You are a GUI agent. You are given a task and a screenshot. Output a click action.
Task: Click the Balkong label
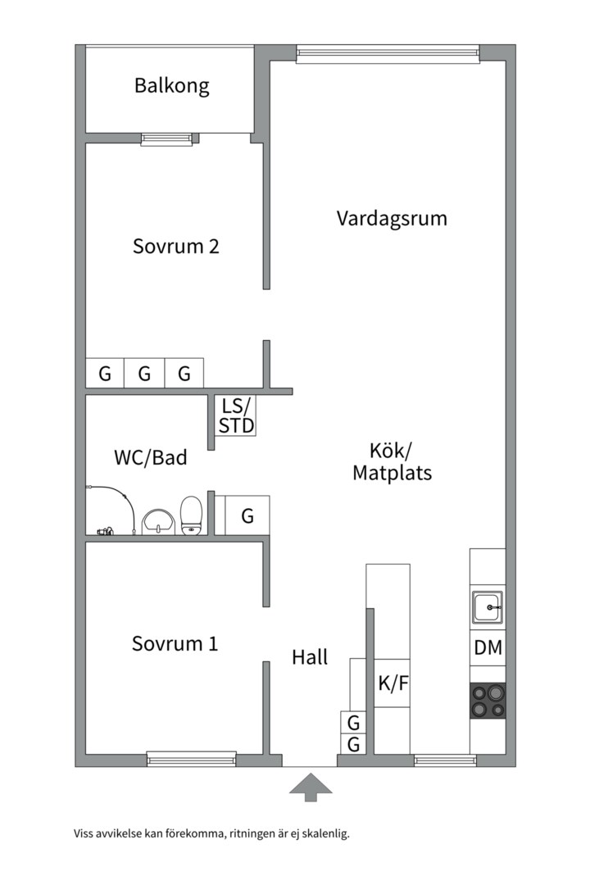[x=171, y=86]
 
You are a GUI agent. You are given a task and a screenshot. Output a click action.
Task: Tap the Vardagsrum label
[x=392, y=219]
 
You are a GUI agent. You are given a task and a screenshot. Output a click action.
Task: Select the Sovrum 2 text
[x=175, y=246]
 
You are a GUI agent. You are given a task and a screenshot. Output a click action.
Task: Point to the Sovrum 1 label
[x=175, y=643]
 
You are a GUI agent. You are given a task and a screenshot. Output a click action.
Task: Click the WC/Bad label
[x=151, y=457]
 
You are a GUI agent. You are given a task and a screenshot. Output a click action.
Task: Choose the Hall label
[x=310, y=657]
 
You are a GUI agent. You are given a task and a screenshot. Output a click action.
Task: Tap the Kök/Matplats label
[x=393, y=461]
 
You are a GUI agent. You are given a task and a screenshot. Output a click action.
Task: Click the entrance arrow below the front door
[x=311, y=787]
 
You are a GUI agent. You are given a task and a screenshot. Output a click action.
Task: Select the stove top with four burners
[x=488, y=701]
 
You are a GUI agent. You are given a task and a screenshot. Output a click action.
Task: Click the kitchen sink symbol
[x=488, y=607]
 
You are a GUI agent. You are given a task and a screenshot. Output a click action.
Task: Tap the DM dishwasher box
[x=488, y=648]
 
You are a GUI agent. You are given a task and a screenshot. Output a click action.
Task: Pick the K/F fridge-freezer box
[x=393, y=683]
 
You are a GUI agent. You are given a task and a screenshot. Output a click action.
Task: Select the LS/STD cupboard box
[x=236, y=415]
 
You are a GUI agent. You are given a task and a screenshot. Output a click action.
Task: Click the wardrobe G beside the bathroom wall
[x=247, y=515]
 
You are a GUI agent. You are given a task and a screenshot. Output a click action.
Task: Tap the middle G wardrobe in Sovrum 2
[x=144, y=373]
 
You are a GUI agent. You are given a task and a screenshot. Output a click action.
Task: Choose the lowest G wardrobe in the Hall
[x=353, y=744]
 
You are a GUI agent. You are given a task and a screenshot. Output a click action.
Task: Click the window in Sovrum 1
[x=192, y=759]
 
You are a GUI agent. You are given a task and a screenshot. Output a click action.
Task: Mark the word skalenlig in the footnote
[x=325, y=833]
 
